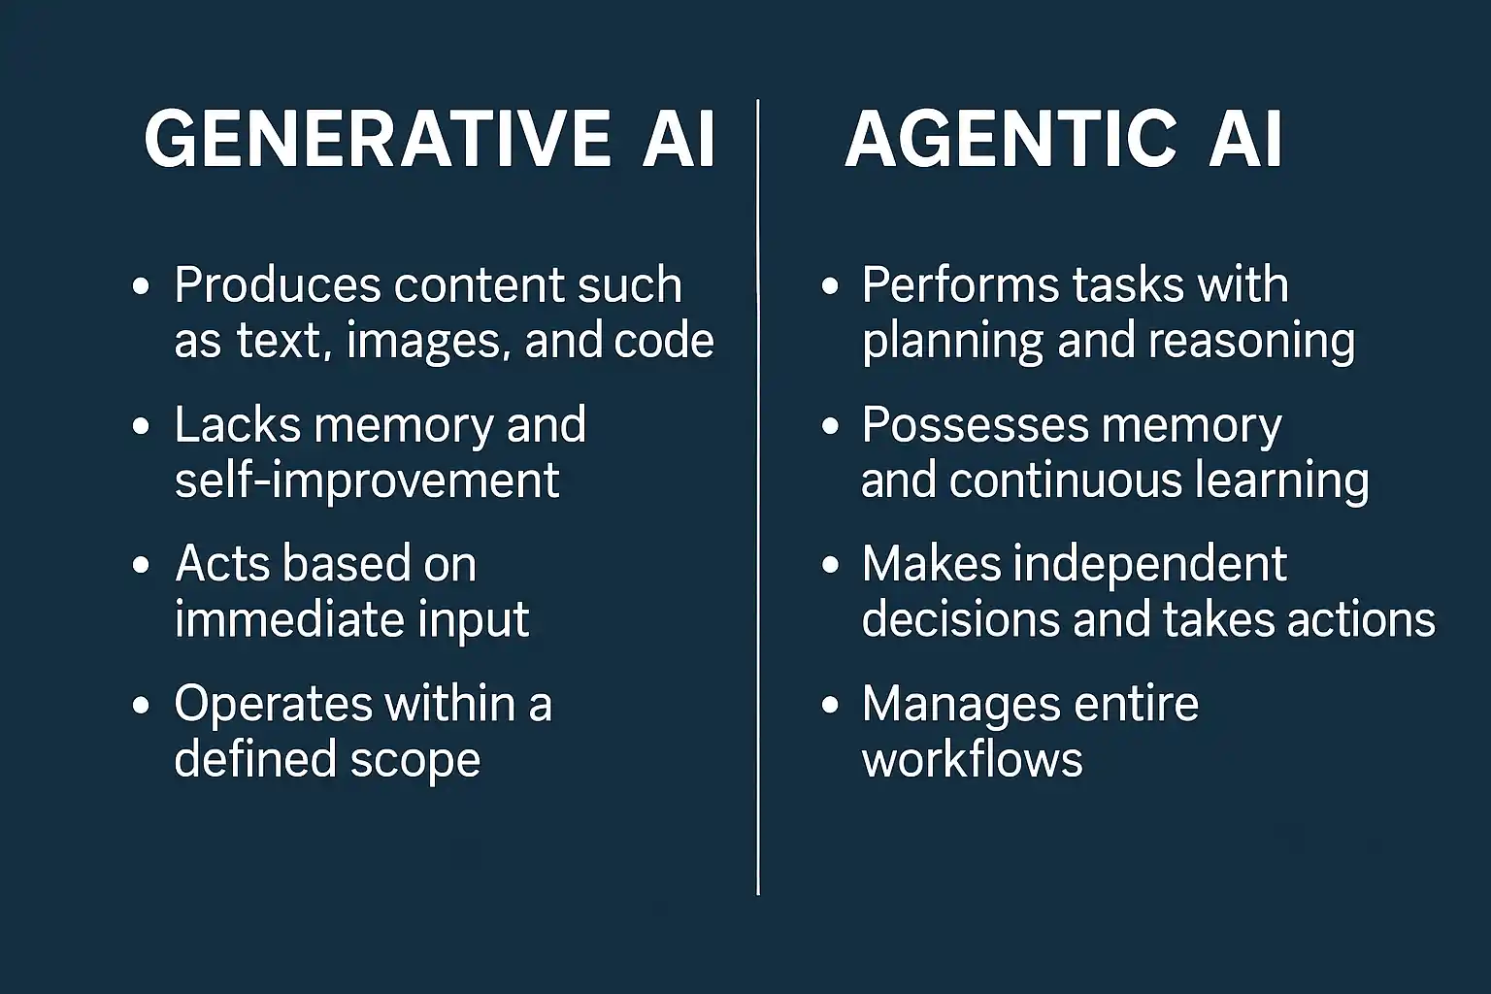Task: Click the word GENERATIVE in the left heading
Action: pos(377,139)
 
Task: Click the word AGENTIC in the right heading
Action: pos(1011,139)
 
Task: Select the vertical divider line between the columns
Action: pos(757,497)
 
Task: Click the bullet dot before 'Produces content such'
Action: pos(141,286)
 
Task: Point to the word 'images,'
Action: pos(429,342)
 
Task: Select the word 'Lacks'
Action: pos(238,424)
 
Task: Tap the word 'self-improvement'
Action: pos(367,480)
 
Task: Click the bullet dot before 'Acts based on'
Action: pos(141,565)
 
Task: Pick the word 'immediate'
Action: pos(289,620)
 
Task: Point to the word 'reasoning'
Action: pos(1251,342)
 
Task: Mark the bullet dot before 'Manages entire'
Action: pos(830,705)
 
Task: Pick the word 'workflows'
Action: pos(973,759)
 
